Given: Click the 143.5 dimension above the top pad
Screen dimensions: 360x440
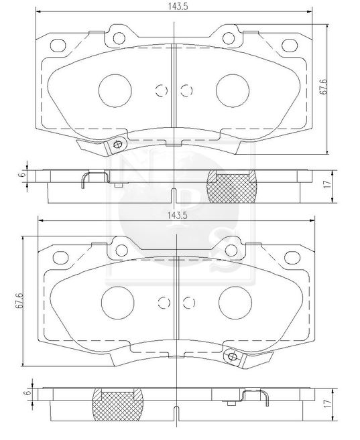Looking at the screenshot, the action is tap(178, 7).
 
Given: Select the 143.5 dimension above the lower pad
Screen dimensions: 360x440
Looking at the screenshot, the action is tap(177, 215).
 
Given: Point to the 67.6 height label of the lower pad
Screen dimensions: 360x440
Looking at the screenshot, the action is tap(19, 301).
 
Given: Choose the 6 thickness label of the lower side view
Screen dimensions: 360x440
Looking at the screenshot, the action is tap(27, 393).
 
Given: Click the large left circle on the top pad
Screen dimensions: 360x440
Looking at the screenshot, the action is tap(115, 90).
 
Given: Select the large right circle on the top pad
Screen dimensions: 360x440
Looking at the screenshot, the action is tap(233, 90).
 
